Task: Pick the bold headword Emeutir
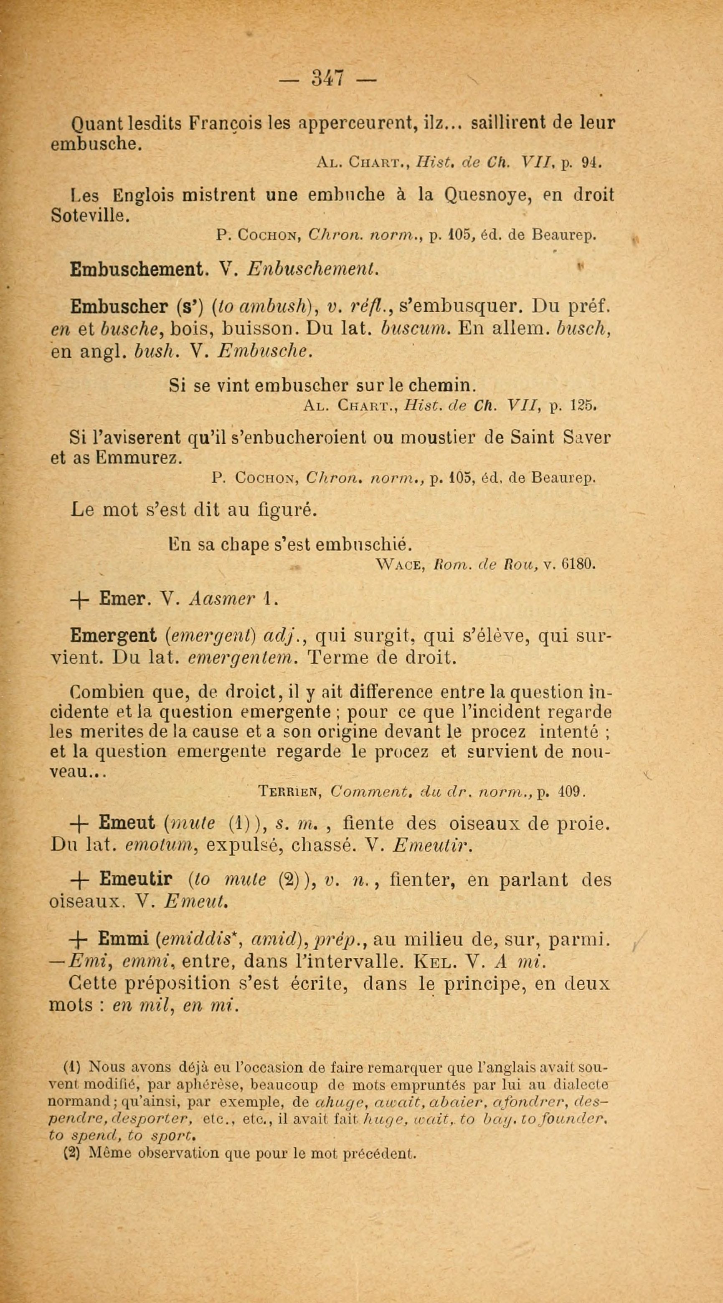coord(136,880)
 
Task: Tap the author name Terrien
coord(290,791)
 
